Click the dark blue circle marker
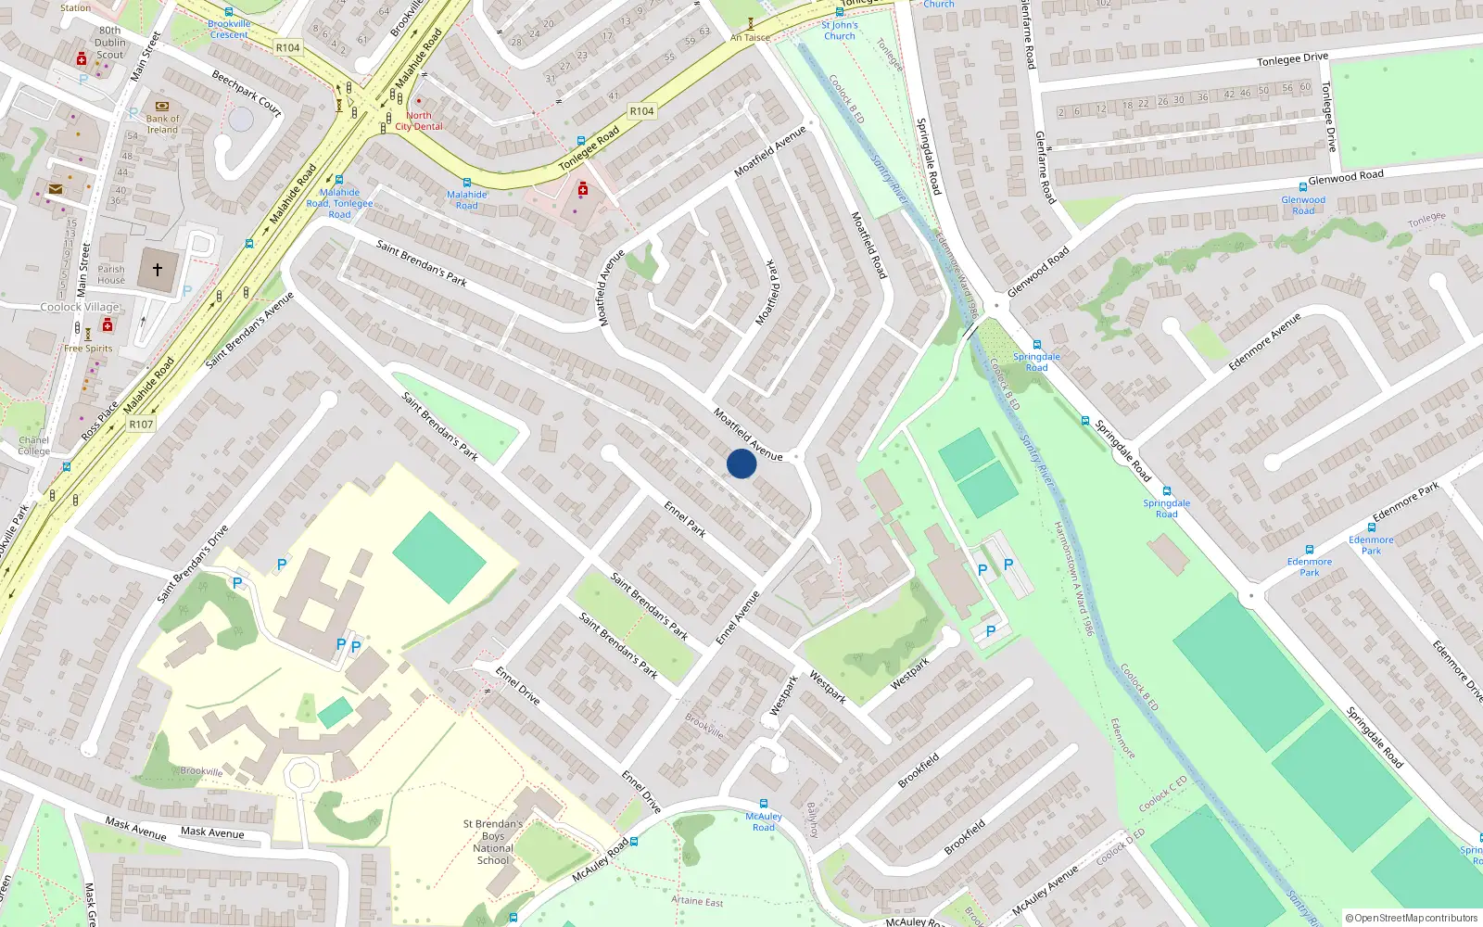click(741, 463)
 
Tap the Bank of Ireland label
click(162, 124)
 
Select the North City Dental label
click(419, 121)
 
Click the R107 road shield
click(141, 425)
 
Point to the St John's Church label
click(839, 31)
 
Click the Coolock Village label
click(80, 307)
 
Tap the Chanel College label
click(33, 446)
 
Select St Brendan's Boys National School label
click(493, 842)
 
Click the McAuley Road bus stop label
click(764, 822)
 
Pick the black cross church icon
click(158, 270)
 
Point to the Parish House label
click(111, 274)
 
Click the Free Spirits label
click(88, 349)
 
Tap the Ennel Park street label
click(685, 519)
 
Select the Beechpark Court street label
click(247, 93)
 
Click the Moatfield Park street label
click(771, 292)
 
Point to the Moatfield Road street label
click(869, 245)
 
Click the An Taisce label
click(750, 38)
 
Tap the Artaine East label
click(697, 901)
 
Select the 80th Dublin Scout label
click(109, 43)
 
